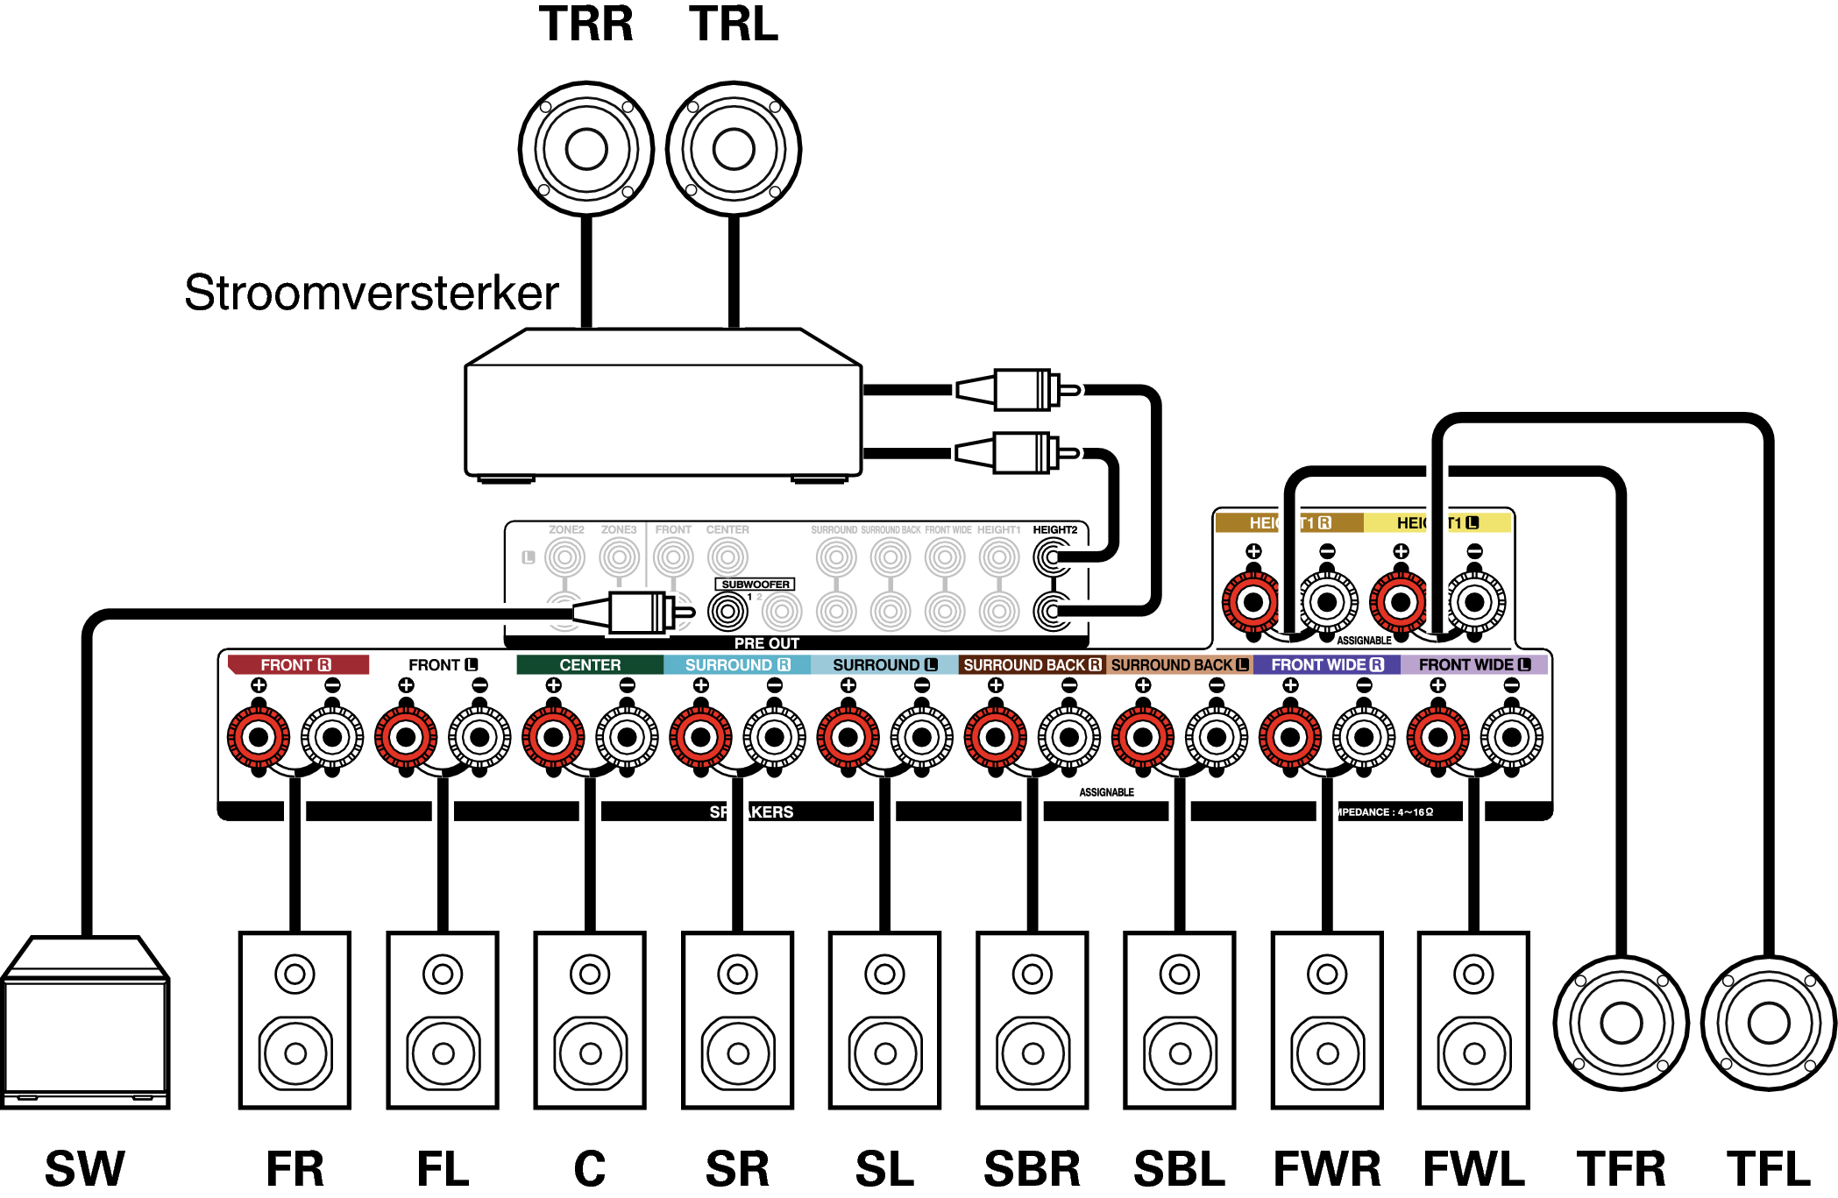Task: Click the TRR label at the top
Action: (x=585, y=24)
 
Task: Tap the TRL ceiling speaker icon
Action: (x=734, y=149)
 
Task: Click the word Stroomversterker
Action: (x=371, y=293)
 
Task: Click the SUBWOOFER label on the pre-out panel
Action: (x=755, y=585)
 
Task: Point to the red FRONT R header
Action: (x=296, y=665)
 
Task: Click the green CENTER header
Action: (x=590, y=665)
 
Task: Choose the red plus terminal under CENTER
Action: (x=553, y=737)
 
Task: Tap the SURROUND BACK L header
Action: (x=1180, y=665)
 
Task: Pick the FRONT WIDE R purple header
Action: (x=1327, y=665)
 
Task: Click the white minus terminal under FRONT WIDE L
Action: (x=1512, y=737)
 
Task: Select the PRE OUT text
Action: (x=767, y=643)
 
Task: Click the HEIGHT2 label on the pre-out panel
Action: (x=1054, y=530)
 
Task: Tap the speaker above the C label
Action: (x=590, y=1020)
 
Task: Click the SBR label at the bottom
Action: (x=1033, y=1169)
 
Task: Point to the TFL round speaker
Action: (x=1769, y=1023)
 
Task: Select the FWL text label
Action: (x=1474, y=1169)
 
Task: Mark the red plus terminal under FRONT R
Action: (x=259, y=737)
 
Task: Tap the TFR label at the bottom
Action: (x=1621, y=1169)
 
